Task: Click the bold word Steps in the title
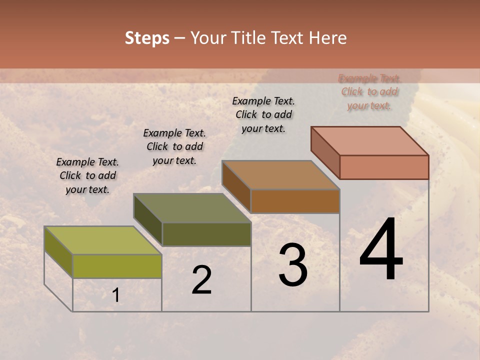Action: click(147, 38)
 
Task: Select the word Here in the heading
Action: click(327, 38)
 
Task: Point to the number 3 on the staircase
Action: click(292, 265)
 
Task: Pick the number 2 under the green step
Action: click(201, 280)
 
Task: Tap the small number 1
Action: click(116, 295)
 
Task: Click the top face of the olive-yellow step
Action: click(102, 240)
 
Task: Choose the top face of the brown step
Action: click(280, 175)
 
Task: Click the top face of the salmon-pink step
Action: click(369, 141)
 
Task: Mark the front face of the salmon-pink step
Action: click(384, 167)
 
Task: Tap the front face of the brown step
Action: click(295, 201)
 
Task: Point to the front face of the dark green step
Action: click(206, 234)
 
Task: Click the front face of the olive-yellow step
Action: click(117, 266)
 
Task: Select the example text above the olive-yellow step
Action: click(87, 175)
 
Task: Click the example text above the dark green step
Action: click(174, 146)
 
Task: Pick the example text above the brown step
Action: click(263, 114)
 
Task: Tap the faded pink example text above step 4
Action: click(369, 92)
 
